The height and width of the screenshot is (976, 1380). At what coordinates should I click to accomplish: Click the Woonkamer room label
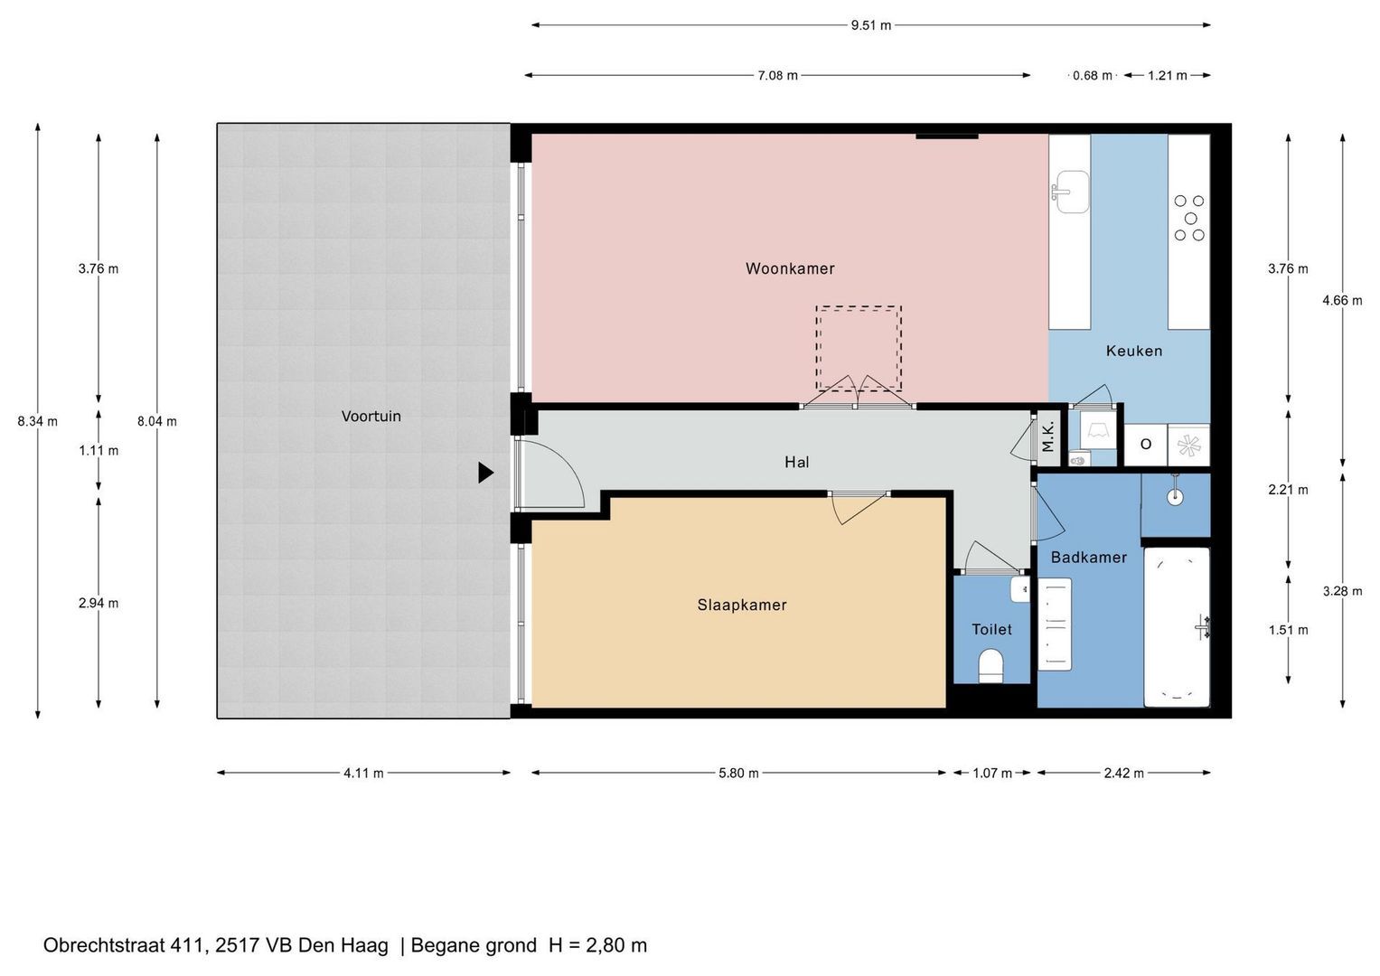coord(790,268)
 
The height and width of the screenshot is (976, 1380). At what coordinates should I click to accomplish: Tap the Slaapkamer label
coord(742,605)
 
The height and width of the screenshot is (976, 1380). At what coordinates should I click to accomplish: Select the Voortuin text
coord(371,417)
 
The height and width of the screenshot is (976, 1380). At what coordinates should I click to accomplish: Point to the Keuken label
coord(1134,352)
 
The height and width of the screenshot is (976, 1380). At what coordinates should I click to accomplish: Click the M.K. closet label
coord(1048,436)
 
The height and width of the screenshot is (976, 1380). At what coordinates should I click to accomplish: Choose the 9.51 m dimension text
coord(871,25)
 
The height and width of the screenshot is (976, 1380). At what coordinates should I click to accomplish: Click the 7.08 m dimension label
coord(777,76)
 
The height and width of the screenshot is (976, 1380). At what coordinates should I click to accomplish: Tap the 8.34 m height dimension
coord(38,421)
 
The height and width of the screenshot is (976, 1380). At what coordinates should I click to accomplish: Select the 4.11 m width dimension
coord(363,773)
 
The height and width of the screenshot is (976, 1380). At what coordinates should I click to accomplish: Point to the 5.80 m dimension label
coord(738,773)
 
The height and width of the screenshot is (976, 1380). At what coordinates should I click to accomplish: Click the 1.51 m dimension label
coord(1288,630)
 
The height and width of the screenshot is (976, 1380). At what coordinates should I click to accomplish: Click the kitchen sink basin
coord(1073,192)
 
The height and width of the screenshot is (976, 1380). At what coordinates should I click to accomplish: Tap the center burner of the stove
coord(1191,218)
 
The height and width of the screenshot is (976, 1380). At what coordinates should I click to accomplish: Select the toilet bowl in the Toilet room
coord(991,665)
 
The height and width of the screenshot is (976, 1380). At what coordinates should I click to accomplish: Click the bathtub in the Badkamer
coord(1177,626)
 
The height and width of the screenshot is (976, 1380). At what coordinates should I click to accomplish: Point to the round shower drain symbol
coord(1176,497)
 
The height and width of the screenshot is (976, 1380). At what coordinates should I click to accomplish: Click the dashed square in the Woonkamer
coord(859,349)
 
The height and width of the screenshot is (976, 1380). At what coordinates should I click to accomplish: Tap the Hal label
coord(796,462)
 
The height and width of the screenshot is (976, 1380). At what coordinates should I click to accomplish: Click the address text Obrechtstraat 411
coord(124,945)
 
